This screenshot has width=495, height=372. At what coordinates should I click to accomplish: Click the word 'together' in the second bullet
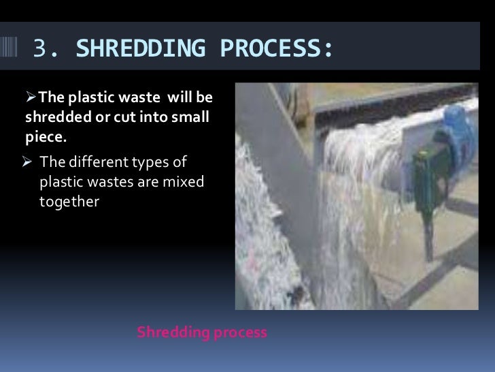[x=69, y=202]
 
